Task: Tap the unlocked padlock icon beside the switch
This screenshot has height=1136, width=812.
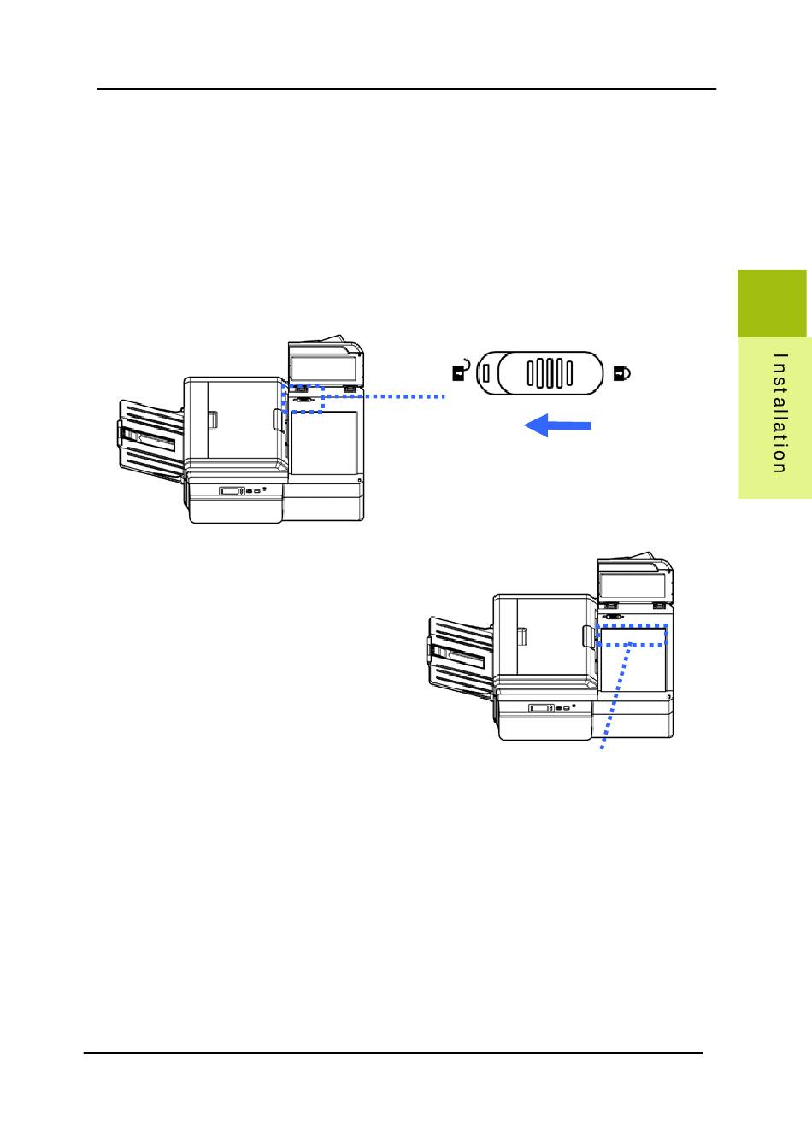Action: point(461,372)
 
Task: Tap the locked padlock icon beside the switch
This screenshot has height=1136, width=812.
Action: point(622,372)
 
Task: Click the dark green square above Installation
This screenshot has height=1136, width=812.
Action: point(772,303)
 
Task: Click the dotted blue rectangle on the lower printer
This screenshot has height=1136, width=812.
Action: point(631,635)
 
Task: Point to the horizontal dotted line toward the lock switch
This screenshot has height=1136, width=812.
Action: point(385,396)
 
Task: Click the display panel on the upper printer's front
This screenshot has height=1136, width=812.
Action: point(231,491)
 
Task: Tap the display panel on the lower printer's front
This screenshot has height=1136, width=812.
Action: point(540,708)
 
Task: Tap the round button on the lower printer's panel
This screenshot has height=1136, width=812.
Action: point(574,706)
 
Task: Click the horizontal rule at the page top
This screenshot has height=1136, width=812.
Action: point(406,88)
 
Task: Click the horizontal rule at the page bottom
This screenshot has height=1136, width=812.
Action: point(393,1053)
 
